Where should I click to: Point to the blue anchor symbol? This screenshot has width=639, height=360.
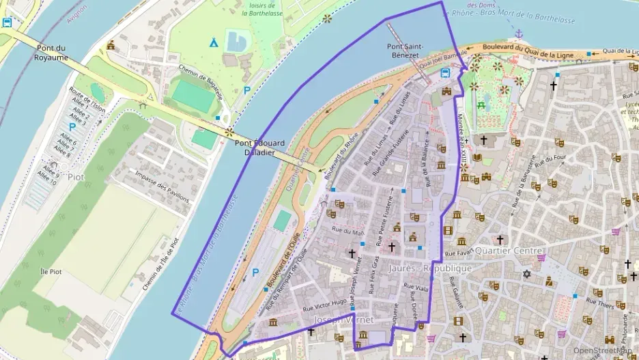(x=519, y=33)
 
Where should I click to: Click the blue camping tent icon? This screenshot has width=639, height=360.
(x=214, y=42)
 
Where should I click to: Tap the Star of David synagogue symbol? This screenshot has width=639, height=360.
(x=526, y=275)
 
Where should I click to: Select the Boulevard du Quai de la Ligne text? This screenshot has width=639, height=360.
(x=535, y=49)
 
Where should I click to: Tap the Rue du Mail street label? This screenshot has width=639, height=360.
(x=345, y=232)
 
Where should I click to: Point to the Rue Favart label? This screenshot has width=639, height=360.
(x=459, y=253)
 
